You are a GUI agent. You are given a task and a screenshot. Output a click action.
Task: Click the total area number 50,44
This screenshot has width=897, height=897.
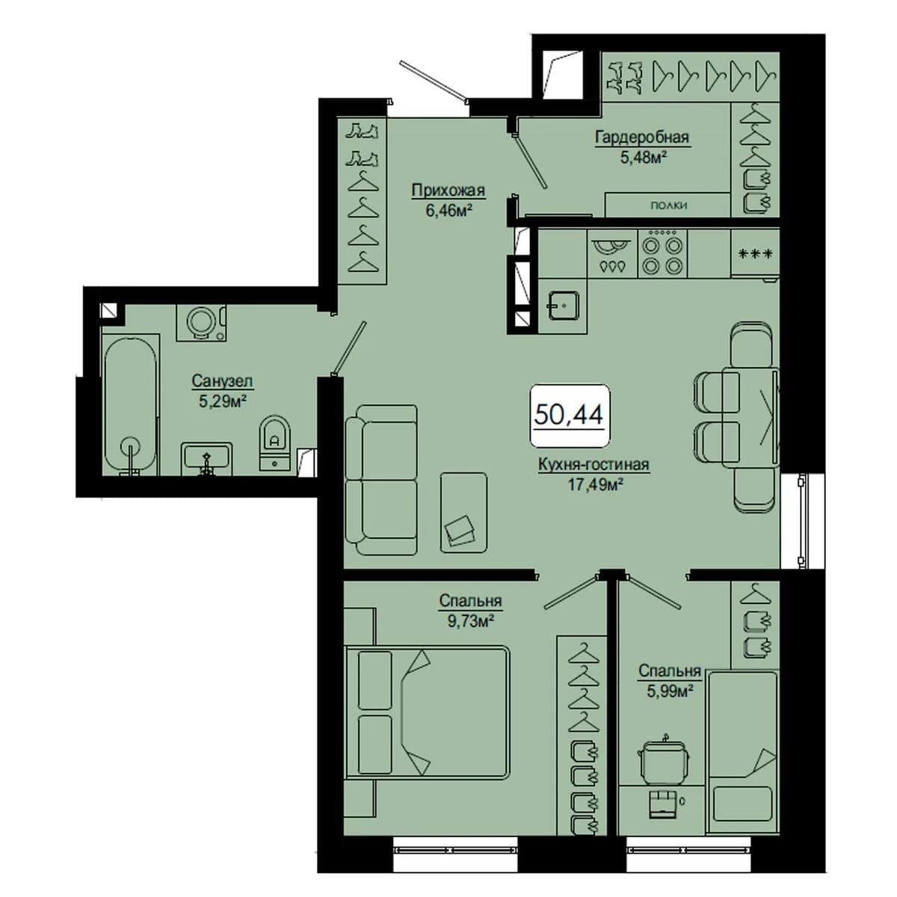568,414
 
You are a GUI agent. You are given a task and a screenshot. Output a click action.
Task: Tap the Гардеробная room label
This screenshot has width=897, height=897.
641,138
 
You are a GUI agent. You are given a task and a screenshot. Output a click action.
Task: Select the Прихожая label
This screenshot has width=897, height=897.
449,191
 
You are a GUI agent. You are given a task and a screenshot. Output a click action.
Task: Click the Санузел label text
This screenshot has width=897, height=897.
223,380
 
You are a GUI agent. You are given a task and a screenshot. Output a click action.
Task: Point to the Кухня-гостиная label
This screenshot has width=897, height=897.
594,464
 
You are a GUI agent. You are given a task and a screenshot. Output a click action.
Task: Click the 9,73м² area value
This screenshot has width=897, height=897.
471,621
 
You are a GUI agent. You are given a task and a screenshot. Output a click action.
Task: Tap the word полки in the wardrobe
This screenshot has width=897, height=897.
668,206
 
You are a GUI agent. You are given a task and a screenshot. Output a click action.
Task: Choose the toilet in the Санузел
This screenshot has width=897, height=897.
274,442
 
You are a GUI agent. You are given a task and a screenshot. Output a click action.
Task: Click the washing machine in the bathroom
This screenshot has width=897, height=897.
201,323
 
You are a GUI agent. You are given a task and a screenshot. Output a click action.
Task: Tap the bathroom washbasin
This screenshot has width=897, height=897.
206,459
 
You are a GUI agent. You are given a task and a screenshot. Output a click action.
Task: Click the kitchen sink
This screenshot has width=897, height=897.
564,306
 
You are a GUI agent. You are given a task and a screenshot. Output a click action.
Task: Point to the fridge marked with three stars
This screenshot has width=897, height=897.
755,254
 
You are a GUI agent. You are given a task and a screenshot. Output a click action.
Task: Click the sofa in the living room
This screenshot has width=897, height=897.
381,480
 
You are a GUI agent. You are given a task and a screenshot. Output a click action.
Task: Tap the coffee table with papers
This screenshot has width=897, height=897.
463,513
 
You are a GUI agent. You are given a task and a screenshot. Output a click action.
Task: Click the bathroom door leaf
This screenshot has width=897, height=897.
349,348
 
